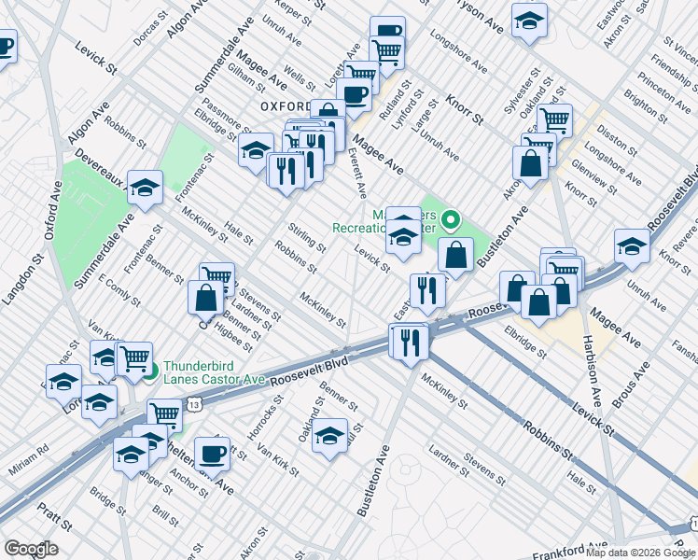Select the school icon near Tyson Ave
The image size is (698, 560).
(x=529, y=21)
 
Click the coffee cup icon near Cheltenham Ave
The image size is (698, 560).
(x=213, y=453)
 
